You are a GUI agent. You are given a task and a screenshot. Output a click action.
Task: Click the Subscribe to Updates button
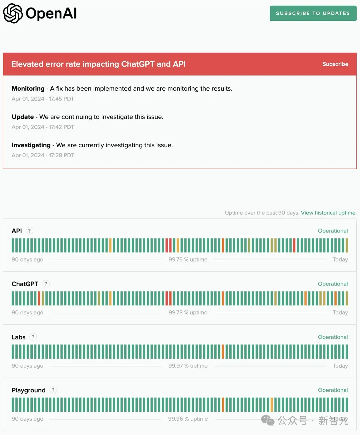click(313, 13)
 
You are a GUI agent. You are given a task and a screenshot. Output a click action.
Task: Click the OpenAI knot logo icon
click(13, 13)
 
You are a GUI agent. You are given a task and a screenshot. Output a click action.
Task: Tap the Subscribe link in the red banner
click(335, 64)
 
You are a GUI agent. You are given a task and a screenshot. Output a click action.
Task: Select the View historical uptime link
click(328, 213)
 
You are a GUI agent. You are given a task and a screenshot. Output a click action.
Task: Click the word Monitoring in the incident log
click(28, 89)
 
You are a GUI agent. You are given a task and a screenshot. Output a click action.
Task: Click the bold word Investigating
click(31, 145)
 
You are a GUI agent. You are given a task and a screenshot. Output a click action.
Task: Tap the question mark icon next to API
click(29, 231)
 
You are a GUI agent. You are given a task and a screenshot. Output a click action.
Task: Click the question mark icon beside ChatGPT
click(46, 284)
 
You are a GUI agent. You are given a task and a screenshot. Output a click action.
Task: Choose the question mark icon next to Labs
click(33, 337)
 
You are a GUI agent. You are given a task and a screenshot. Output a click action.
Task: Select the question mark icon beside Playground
click(53, 390)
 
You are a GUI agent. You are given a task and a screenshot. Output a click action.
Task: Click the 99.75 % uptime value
click(188, 259)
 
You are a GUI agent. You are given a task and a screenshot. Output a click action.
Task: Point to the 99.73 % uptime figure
click(188, 313)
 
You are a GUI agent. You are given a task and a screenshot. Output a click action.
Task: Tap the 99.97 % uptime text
click(188, 366)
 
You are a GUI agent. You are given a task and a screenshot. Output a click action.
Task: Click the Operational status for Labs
click(333, 337)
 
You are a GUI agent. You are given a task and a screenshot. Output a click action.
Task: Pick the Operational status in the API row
click(333, 231)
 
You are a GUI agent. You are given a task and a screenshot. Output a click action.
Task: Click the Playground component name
click(28, 390)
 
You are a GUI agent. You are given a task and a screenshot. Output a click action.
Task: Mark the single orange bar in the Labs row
click(223, 352)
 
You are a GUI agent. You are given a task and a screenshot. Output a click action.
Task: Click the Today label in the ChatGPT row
click(340, 313)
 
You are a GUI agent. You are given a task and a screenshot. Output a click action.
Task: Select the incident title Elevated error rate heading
click(98, 64)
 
